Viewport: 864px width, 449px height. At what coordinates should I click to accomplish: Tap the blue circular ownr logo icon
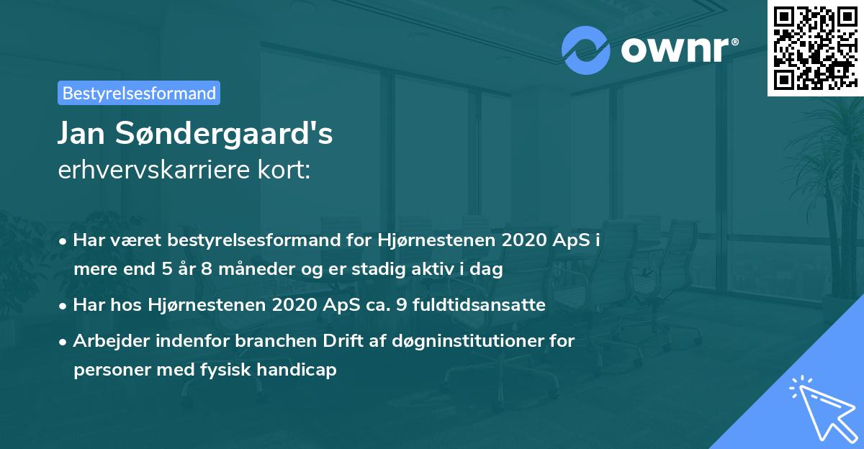tap(585, 50)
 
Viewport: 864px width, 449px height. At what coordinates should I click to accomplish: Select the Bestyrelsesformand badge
tap(139, 93)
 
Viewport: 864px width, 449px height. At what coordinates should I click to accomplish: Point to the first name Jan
tap(78, 135)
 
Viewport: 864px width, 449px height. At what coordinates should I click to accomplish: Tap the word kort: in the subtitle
tap(286, 171)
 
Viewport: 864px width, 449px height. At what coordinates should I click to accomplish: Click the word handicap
tap(300, 371)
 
